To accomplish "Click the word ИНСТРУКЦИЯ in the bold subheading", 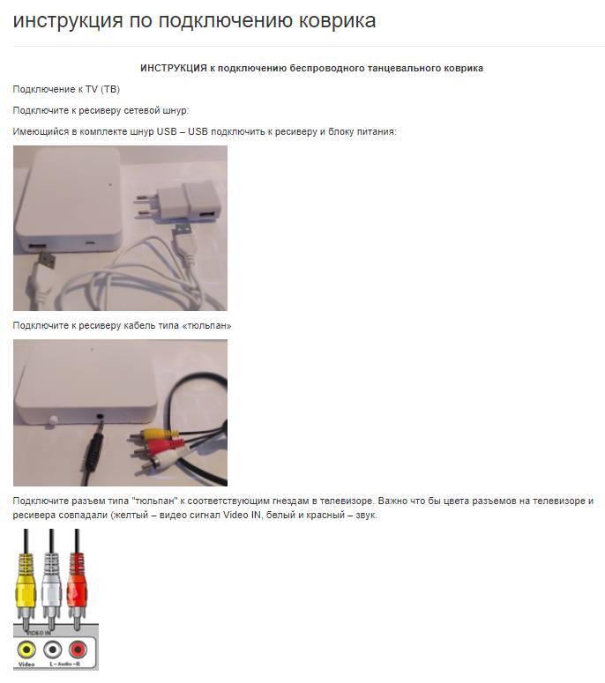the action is tap(174, 69).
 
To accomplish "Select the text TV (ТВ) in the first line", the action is tap(103, 89).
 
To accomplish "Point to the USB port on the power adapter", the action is tap(206, 216).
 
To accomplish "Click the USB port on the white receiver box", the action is tap(38, 247).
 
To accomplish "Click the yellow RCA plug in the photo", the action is tap(156, 434).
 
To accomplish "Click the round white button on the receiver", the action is tap(53, 419).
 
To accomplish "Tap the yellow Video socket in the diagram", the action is tap(26, 650).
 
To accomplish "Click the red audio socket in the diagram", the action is tap(78, 650).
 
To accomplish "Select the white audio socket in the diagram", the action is tap(52, 650).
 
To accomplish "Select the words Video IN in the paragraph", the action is tap(242, 515).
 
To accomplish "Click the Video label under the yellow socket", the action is tap(26, 664).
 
